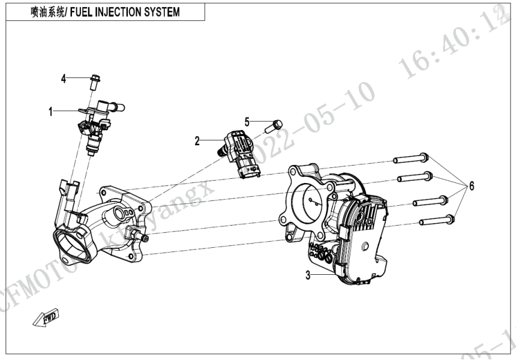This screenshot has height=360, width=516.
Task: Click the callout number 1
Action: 51,111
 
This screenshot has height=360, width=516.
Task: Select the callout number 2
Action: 196,141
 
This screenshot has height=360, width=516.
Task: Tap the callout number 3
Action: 308,276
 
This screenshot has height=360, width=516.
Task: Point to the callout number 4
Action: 62,78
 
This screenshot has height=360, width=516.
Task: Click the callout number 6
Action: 472,187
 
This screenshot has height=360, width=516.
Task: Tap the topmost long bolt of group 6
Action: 410,159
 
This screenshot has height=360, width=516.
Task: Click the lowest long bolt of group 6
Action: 436,220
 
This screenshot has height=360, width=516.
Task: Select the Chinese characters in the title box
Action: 51,13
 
